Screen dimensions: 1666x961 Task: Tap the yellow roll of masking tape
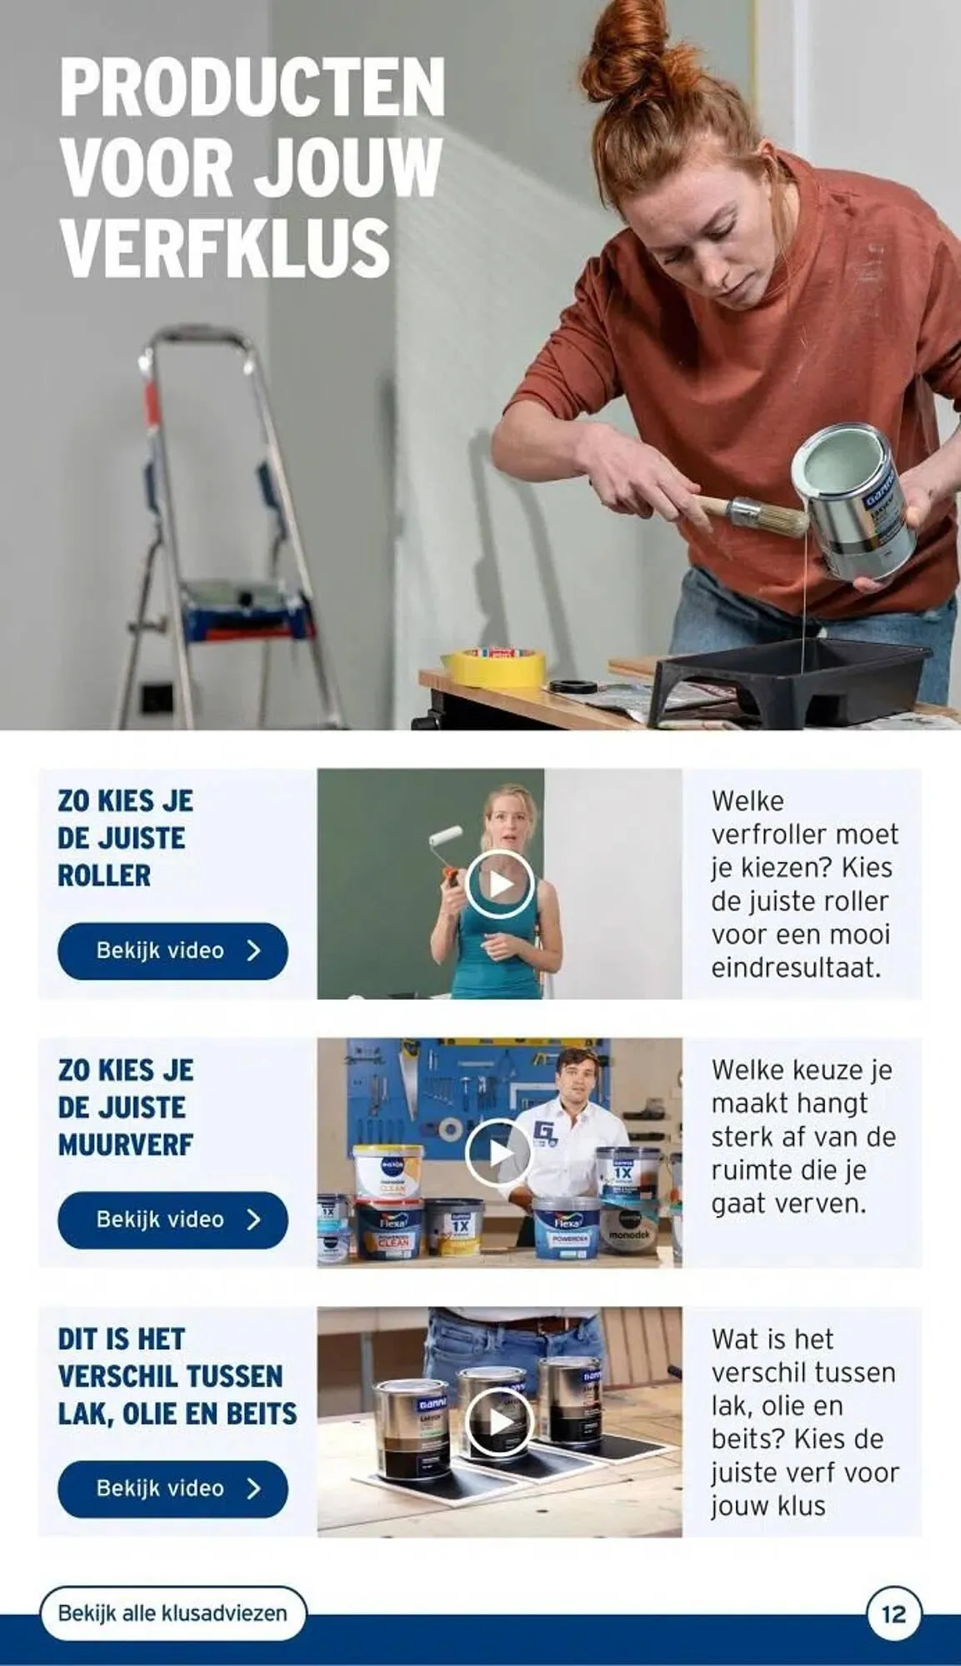493,666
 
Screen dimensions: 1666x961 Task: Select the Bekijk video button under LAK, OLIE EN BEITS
173,1489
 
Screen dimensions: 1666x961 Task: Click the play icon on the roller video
499,884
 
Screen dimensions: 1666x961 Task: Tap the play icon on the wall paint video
499,1154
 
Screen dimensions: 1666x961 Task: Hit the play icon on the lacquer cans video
499,1422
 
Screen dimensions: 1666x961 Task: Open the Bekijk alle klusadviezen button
173,1614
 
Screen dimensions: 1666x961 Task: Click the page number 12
893,1614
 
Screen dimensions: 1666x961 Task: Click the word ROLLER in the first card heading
104,875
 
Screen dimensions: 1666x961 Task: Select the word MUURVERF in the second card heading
125,1145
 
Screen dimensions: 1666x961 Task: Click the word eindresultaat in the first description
796,968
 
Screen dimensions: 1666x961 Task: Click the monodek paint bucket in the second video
632,1227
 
